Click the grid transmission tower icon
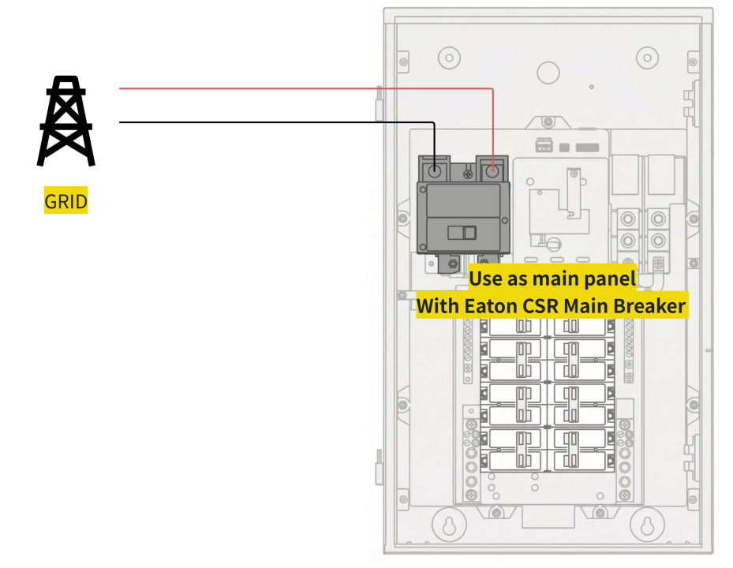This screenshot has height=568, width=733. tap(66, 121)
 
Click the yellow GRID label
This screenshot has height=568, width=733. tap(66, 200)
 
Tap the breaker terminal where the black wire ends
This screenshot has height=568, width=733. tap(435, 170)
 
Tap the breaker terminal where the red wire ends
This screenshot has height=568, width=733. tap(492, 170)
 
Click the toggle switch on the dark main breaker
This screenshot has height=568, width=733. tap(462, 233)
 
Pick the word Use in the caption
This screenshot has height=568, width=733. tap(484, 278)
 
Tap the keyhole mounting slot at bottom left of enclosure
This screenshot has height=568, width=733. tap(449, 525)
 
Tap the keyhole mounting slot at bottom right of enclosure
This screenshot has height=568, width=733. tap(647, 525)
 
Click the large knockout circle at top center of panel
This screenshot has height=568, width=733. tap(548, 73)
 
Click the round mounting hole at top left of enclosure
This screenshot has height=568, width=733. tap(449, 58)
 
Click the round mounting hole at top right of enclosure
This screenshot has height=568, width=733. tap(648, 58)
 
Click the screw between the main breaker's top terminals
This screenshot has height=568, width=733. tap(467, 174)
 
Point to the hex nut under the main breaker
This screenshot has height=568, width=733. tap(453, 264)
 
